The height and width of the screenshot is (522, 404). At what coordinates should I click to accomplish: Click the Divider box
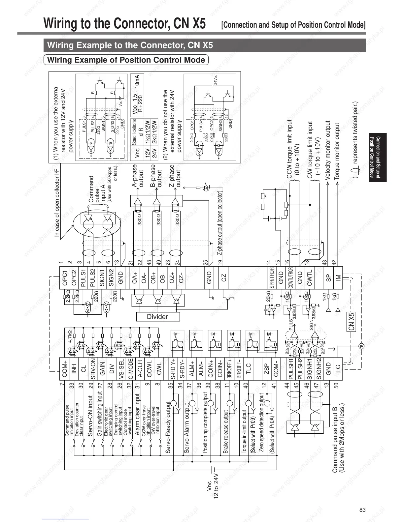click(x=158, y=317)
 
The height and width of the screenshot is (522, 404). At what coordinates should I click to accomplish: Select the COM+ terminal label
click(x=65, y=369)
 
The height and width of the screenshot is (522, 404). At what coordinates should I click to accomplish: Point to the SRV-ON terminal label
click(x=93, y=369)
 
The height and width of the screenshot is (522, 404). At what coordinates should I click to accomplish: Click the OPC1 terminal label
click(x=65, y=278)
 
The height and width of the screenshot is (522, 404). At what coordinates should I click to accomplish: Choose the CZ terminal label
click(x=224, y=278)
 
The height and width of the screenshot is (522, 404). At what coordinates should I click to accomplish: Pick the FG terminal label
click(x=338, y=369)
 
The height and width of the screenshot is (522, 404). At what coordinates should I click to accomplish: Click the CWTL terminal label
click(x=309, y=278)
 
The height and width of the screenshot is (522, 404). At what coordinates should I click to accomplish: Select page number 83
click(x=362, y=510)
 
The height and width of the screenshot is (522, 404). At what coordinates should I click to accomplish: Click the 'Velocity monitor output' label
click(x=328, y=150)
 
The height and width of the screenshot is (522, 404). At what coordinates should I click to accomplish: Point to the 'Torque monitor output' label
click(x=337, y=151)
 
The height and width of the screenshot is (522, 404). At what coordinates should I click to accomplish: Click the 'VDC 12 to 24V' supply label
click(x=213, y=487)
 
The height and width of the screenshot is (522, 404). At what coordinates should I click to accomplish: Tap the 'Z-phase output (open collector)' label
click(x=219, y=223)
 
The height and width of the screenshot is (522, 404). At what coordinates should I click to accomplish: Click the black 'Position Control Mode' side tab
click(x=378, y=158)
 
